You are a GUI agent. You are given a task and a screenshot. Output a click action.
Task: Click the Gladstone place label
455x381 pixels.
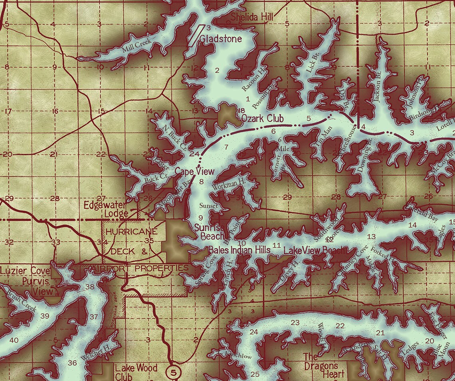pos(221,39)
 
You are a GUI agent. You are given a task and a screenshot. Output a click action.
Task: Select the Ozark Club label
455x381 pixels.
pos(262,119)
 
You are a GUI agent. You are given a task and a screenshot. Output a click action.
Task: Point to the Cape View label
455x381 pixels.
pos(195,171)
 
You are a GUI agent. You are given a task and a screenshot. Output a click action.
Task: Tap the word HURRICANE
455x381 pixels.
pos(130,231)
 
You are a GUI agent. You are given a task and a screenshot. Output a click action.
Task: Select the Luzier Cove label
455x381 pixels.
pos(25,272)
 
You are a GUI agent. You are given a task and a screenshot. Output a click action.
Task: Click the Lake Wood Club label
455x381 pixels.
pos(136,372)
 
